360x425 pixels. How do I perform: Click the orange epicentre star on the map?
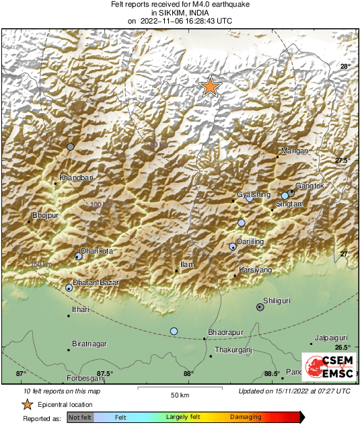click(x=211, y=86)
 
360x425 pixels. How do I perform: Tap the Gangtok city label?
click(x=310, y=186)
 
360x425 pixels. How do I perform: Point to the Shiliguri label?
click(x=277, y=302)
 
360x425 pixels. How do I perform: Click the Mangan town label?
click(x=294, y=151)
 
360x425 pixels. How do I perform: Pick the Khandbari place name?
click(x=75, y=178)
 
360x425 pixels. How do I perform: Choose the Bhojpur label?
click(x=46, y=216)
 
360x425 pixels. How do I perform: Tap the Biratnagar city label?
click(x=89, y=344)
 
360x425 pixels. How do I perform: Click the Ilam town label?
click(x=187, y=265)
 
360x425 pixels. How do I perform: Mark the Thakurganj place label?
click(x=233, y=350)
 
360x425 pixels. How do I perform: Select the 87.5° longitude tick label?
click(x=104, y=374)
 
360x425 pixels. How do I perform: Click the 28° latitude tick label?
click(x=345, y=67)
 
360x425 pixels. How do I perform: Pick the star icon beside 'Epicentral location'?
click(x=28, y=404)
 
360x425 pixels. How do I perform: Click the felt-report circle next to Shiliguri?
click(x=260, y=307)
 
